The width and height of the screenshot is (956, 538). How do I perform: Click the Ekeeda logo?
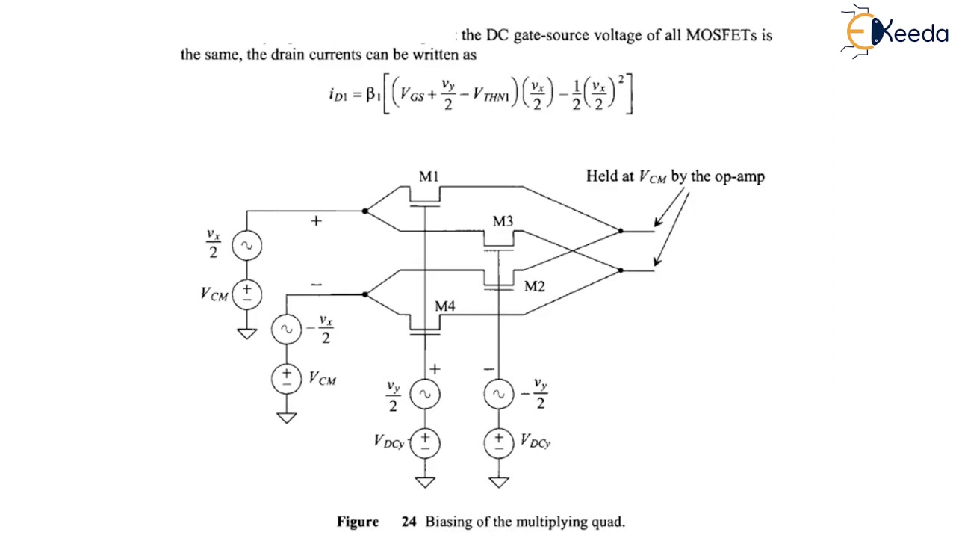pos(894,31)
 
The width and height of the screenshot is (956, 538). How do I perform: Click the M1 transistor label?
pos(429,177)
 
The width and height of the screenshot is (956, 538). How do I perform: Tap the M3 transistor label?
pos(503,221)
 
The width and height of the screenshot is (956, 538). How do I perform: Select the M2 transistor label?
pos(534,286)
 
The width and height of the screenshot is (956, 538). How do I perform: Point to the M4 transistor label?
pos(445,306)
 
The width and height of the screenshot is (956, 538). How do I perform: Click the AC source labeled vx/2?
pos(247,245)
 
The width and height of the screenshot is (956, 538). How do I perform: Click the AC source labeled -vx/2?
pos(287,329)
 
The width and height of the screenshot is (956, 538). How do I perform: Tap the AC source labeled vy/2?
pos(425,395)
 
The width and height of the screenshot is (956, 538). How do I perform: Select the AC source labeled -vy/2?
pos(498,395)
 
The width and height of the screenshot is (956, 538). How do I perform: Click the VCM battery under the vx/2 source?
pos(247,294)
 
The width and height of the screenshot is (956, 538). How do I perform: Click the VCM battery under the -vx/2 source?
pos(287,377)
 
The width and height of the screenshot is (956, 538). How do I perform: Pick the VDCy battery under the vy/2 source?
pos(425,442)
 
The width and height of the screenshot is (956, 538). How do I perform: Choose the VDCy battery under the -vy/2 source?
pos(498,442)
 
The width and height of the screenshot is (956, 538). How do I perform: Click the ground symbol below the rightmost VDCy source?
pos(498,482)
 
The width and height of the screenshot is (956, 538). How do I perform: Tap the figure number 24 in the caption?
pos(409,522)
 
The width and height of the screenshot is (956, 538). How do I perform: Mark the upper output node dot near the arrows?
pos(621,231)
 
